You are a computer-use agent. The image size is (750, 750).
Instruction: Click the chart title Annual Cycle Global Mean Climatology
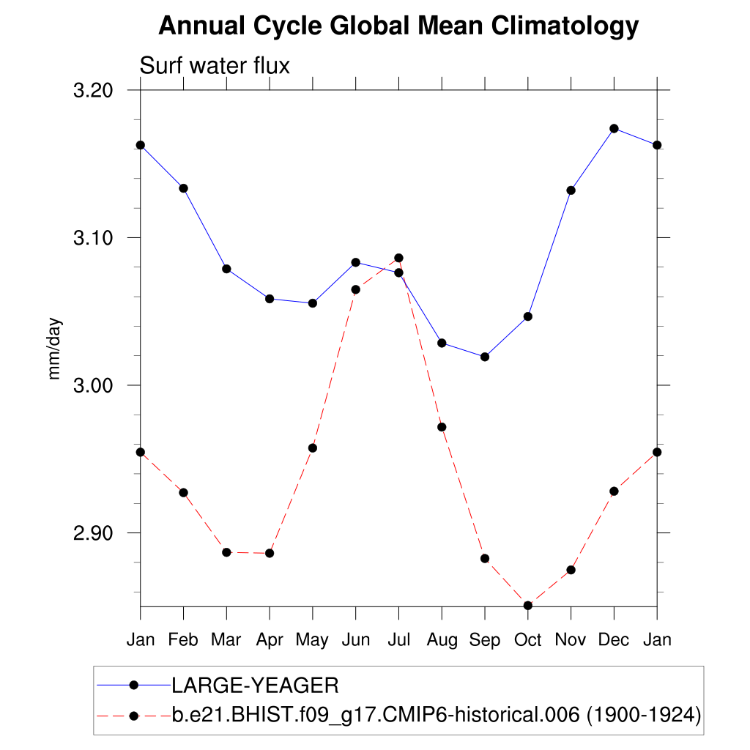[398, 26]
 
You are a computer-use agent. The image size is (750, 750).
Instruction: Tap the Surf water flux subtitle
[215, 66]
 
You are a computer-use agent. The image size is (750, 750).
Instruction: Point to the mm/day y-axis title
[55, 349]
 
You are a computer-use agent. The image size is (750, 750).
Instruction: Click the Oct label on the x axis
[527, 639]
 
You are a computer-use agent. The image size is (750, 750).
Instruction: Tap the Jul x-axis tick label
[398, 639]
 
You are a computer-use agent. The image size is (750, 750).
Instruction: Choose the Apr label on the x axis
[270, 639]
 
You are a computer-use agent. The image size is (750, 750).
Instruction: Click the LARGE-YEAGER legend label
[255, 686]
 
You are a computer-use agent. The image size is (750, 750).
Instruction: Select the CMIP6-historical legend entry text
[437, 714]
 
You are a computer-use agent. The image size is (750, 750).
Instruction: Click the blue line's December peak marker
[614, 128]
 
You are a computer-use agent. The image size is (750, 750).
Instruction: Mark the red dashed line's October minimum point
[527, 605]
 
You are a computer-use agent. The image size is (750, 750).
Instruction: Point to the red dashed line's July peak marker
[398, 258]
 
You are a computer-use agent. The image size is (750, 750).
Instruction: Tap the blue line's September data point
[484, 357]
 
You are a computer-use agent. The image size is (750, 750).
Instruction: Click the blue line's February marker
[183, 188]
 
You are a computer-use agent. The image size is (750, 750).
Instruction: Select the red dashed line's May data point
[313, 448]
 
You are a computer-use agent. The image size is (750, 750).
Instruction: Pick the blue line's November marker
[571, 190]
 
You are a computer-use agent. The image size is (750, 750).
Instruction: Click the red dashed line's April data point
[270, 553]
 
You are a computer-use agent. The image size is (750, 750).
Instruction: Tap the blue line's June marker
[355, 262]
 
